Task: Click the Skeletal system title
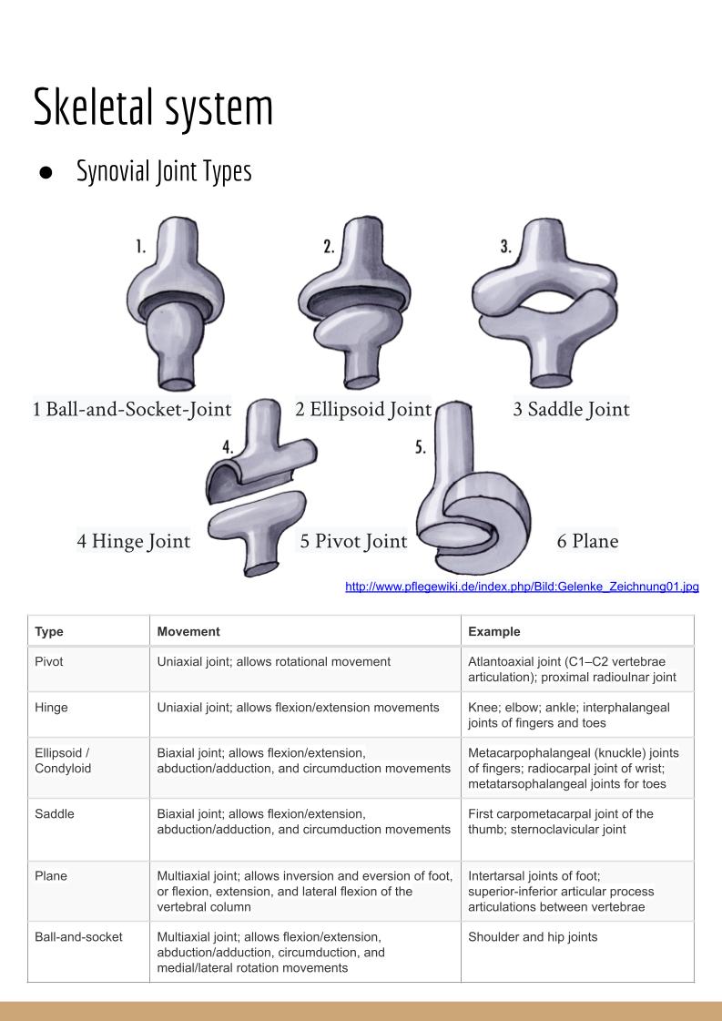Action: click(x=153, y=107)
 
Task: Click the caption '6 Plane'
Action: click(x=587, y=541)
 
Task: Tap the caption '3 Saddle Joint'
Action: click(x=571, y=410)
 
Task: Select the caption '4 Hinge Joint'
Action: click(x=134, y=542)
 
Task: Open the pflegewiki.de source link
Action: click(x=522, y=587)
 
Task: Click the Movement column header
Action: click(x=188, y=631)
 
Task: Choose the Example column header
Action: click(x=493, y=631)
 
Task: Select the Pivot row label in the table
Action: click(x=49, y=662)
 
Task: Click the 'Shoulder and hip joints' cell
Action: click(x=533, y=936)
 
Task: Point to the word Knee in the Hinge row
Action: click(x=483, y=708)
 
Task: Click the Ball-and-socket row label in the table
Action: click(x=78, y=936)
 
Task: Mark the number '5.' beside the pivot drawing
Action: click(x=422, y=448)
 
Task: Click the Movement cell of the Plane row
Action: click(x=304, y=891)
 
